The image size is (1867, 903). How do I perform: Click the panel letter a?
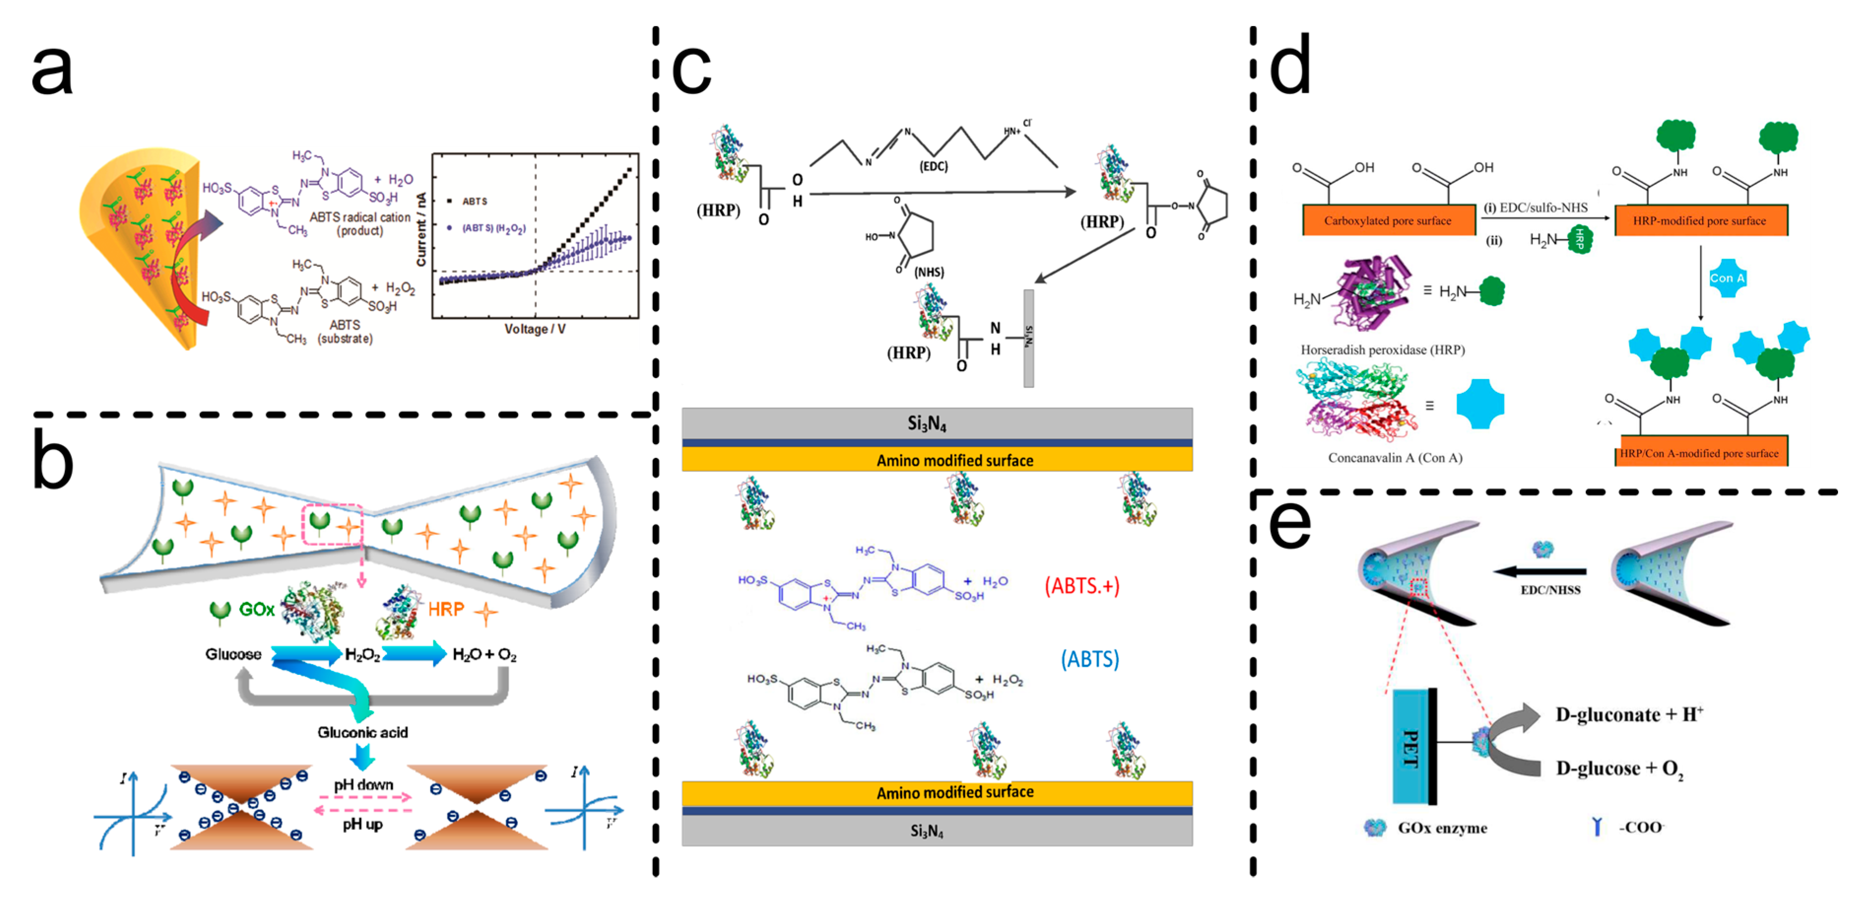(x=52, y=70)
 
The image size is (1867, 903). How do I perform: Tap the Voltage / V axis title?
(x=535, y=329)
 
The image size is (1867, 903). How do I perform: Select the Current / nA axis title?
(x=421, y=229)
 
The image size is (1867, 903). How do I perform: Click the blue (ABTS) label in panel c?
(x=1089, y=660)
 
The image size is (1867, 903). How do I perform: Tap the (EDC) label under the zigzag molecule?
(x=933, y=166)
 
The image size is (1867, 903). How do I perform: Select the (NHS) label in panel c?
(x=929, y=272)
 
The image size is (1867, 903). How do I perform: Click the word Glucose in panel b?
(x=233, y=654)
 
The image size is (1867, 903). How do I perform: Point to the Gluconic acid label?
(x=362, y=732)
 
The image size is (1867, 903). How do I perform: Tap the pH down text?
(x=363, y=785)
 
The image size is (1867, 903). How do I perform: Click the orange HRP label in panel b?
(x=446, y=609)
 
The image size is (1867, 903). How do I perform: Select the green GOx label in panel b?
(x=257, y=609)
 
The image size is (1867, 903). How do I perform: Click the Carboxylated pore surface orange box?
(x=1388, y=220)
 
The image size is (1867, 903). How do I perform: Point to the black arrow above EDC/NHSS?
(x=1540, y=572)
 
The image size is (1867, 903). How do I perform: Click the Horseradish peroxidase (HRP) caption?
(x=1382, y=349)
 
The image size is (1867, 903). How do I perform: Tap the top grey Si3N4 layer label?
(x=927, y=423)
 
